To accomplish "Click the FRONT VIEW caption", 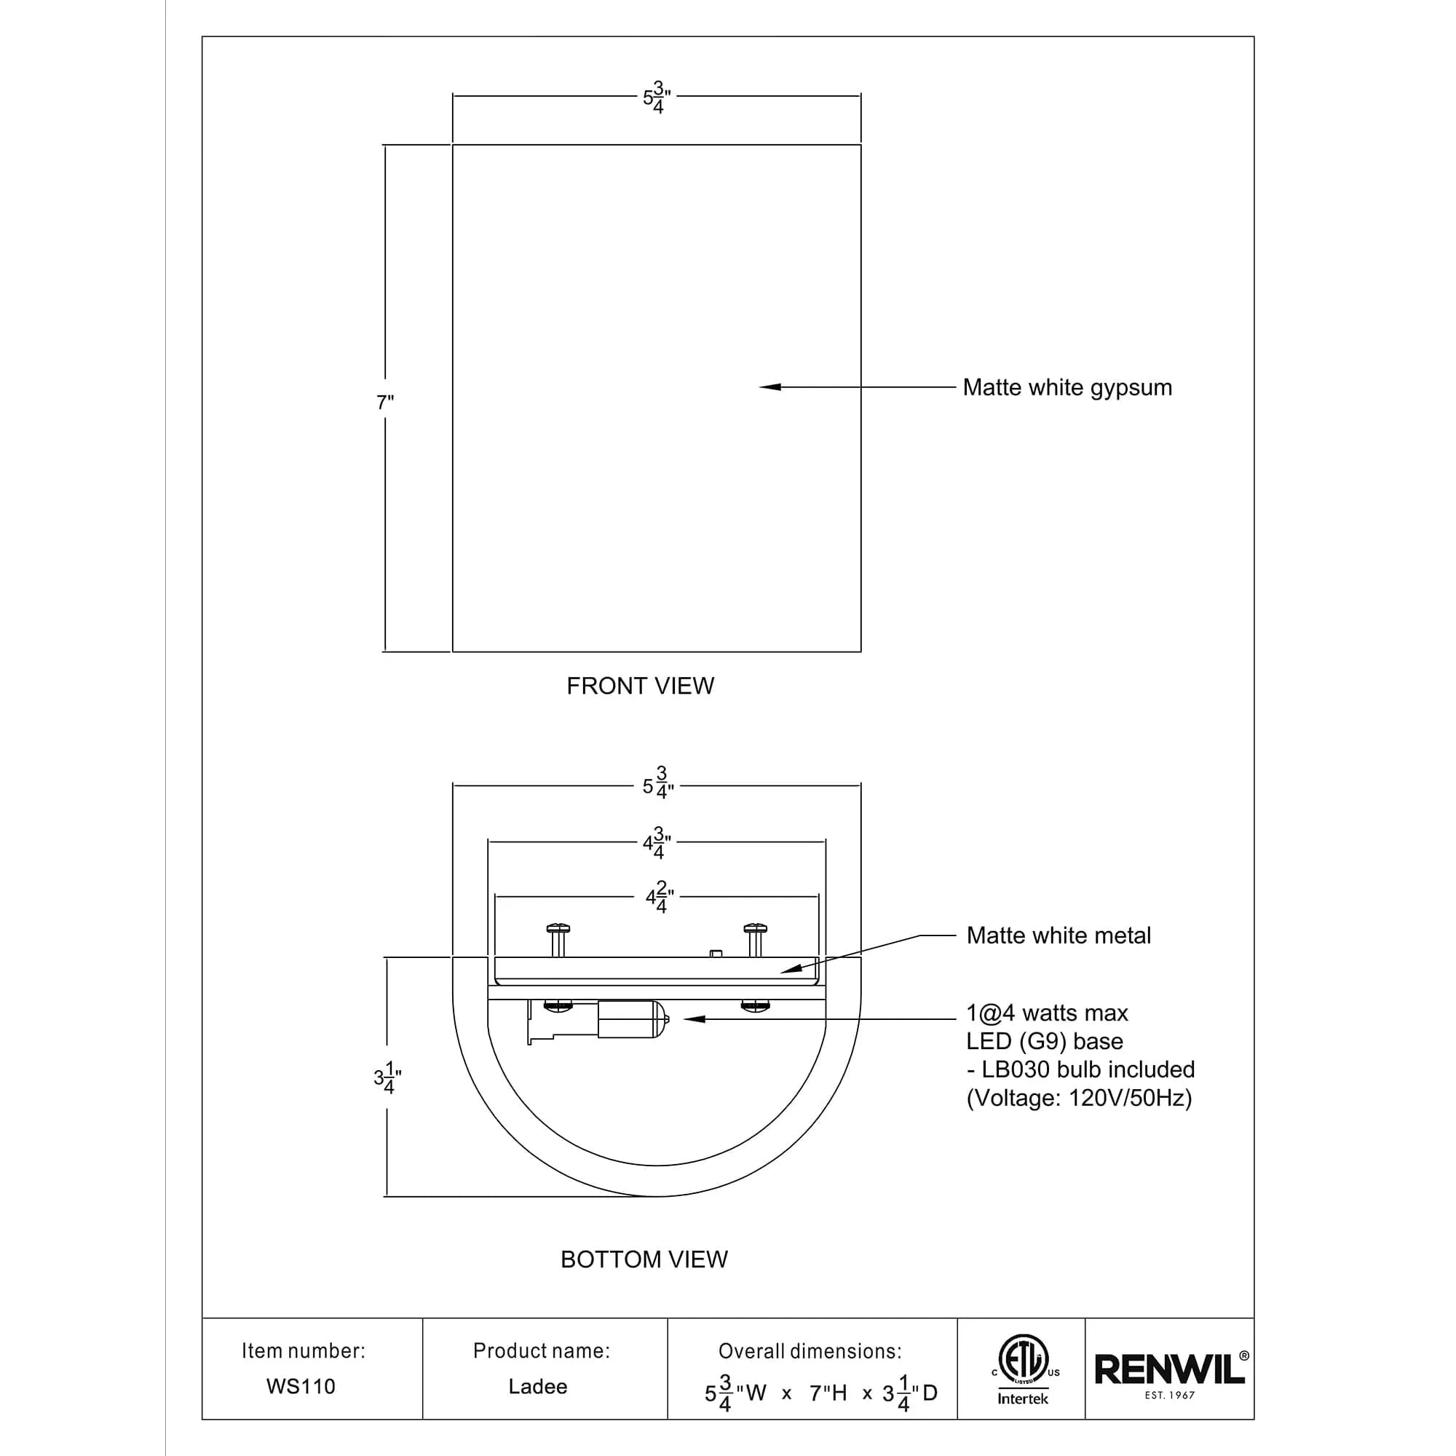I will pos(640,686).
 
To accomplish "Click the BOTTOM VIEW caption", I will pos(644,1259).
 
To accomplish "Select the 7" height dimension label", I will pos(385,403).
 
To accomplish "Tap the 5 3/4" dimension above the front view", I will pos(657,98).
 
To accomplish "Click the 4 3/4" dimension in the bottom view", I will pos(657,842).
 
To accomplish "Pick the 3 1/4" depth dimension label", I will pos(387,1077).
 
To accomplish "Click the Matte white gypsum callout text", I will pos(1067,387).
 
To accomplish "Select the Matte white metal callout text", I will pos(1058,935).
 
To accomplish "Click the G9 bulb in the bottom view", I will pos(633,1019).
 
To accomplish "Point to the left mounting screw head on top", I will pos(558,928).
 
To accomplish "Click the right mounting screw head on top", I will pos(755,928).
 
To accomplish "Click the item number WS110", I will pos(301,1387).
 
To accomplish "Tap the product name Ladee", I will pos(537,1387).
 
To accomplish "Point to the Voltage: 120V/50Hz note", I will pos(1079,1098).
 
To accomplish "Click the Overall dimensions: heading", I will pos(810,1351).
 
